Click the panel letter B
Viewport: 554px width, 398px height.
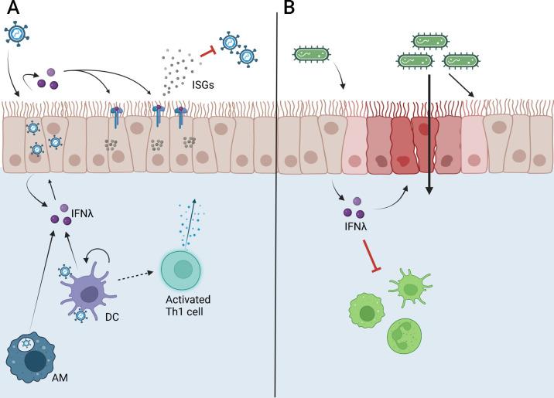pos(289,9)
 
